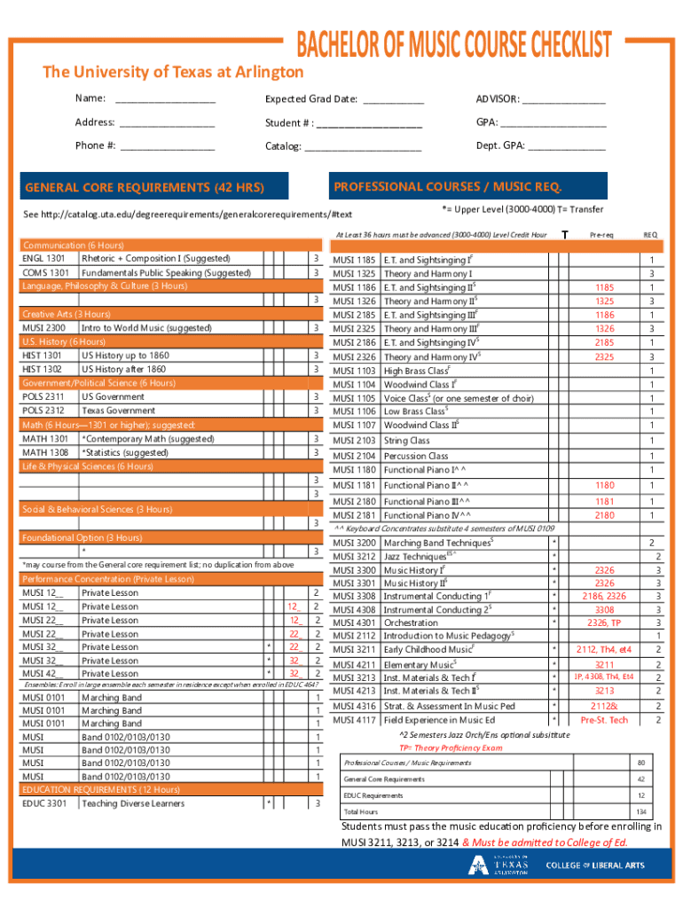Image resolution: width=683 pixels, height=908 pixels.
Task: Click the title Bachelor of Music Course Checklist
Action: click(x=447, y=44)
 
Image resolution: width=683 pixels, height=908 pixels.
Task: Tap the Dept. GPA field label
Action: click(x=499, y=146)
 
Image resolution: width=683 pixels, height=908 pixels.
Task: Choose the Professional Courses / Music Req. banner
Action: click(x=447, y=187)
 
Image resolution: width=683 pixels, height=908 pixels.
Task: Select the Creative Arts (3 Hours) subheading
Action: click(x=67, y=314)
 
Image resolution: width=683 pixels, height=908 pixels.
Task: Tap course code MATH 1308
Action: click(x=45, y=452)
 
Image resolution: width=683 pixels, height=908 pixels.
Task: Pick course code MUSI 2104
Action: click(x=354, y=456)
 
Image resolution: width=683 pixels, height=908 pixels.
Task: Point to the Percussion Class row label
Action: click(x=415, y=456)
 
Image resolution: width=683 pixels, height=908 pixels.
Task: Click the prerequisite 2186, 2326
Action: click(x=604, y=595)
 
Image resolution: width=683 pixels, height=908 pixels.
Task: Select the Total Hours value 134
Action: click(x=640, y=811)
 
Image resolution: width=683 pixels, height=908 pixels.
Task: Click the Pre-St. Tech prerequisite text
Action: click(x=604, y=720)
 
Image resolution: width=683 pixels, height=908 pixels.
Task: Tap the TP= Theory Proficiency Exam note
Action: click(x=450, y=748)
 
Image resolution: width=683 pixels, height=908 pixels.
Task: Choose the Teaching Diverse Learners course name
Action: click(x=133, y=803)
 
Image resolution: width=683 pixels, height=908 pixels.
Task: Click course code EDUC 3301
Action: click(x=44, y=803)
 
